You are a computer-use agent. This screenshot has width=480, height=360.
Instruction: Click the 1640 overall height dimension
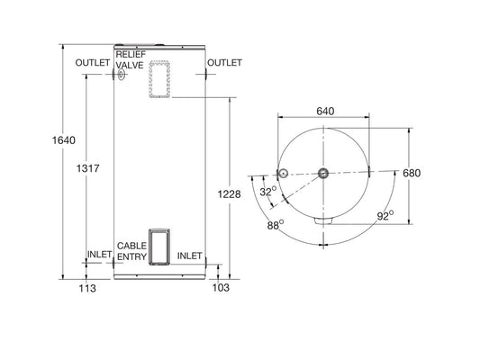64,140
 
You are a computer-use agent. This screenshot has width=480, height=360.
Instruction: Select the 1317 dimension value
88,168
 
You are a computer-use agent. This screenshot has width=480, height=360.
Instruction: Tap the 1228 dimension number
230,194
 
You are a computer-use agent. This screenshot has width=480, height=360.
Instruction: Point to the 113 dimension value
87,288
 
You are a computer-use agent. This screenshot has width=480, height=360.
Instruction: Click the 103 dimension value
221,287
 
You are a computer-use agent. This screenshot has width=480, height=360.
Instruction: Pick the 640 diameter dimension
325,111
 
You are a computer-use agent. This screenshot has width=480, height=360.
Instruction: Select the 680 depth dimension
412,173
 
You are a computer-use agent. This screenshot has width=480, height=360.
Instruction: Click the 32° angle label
268,192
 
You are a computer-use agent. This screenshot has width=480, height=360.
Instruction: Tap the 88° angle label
276,225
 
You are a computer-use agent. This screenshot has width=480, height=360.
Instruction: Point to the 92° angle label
385,216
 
